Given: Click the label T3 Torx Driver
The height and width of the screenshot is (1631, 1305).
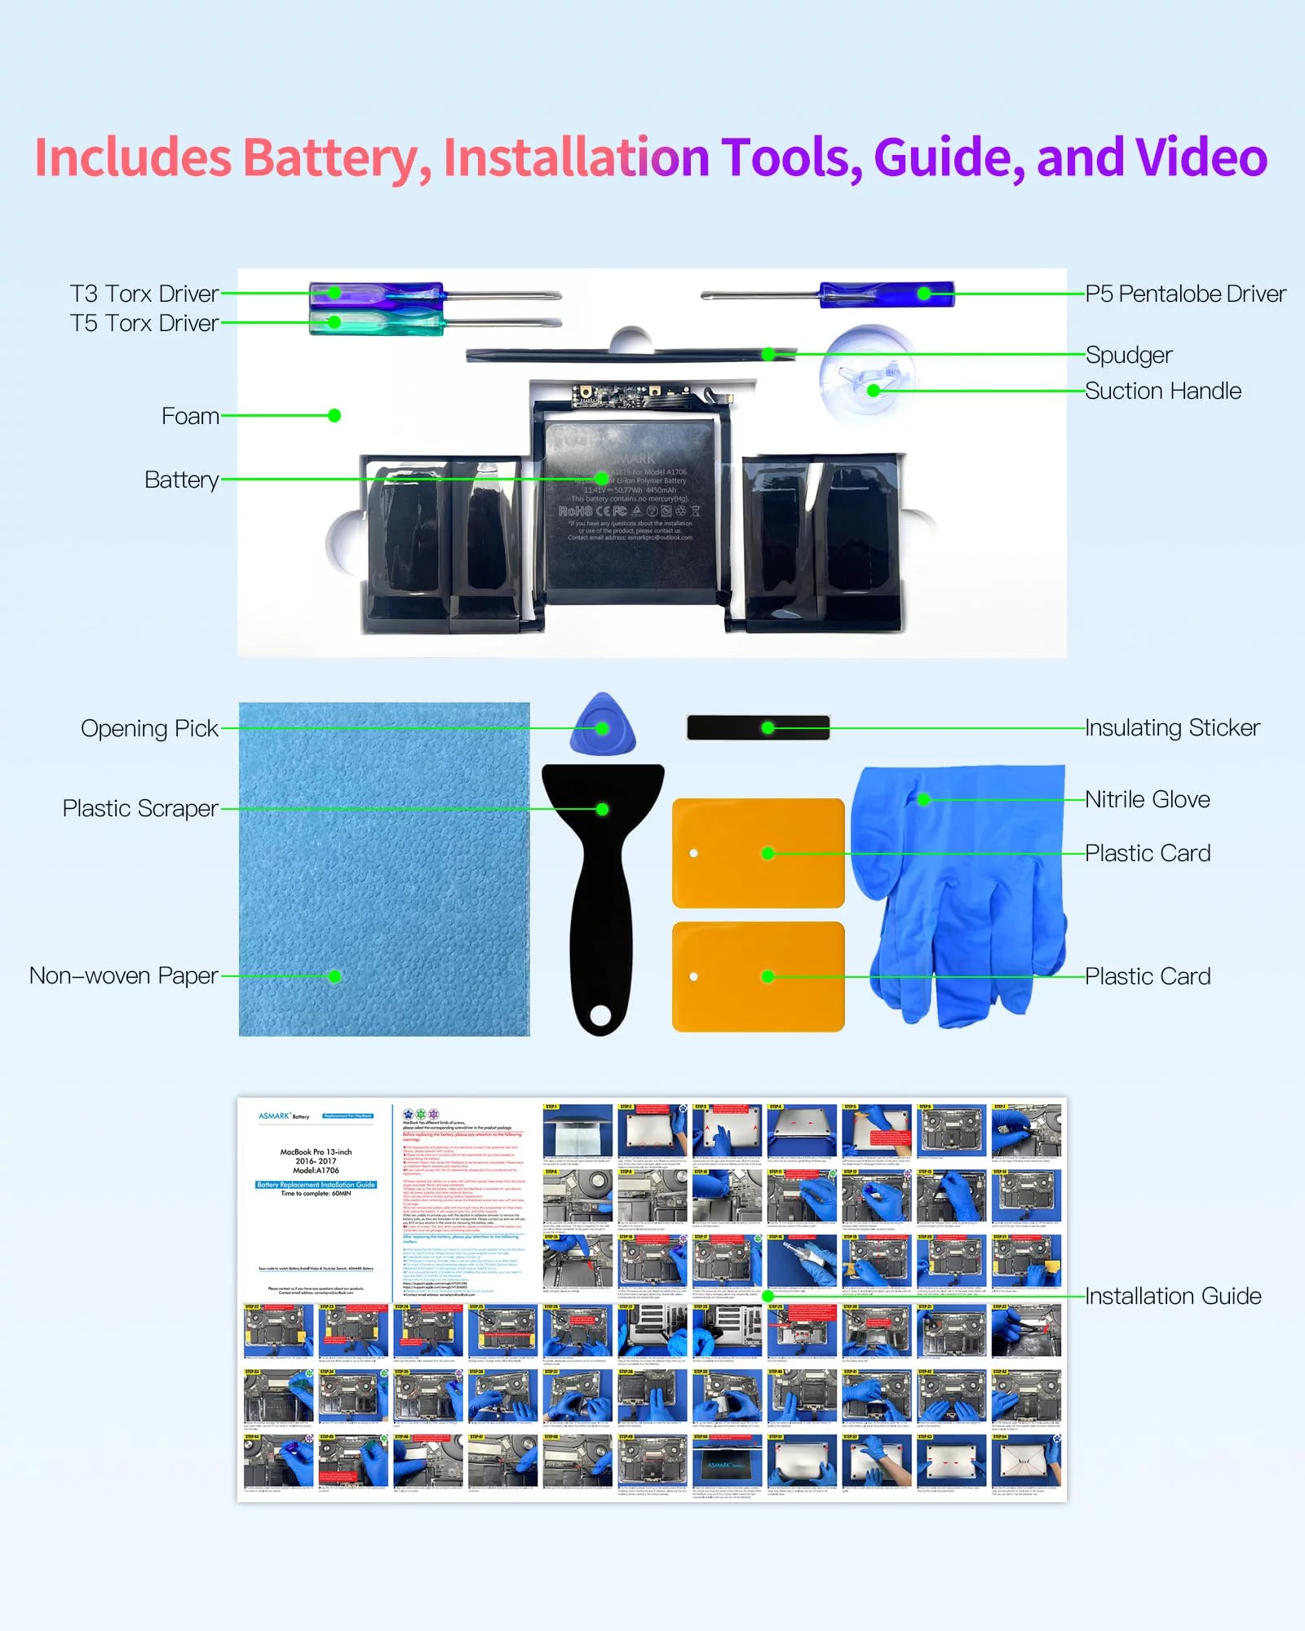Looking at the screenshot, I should [144, 294].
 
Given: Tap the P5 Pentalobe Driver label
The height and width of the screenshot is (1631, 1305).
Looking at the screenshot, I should [1185, 294].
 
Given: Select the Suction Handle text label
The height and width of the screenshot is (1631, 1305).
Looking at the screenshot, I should [1162, 391].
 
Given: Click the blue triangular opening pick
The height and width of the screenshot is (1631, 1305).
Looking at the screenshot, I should [603, 725].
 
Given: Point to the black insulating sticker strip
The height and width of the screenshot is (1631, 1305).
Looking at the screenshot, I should [758, 727].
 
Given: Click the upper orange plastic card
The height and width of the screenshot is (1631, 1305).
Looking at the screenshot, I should [758, 853].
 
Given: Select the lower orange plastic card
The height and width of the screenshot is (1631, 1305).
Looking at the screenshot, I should [758, 976].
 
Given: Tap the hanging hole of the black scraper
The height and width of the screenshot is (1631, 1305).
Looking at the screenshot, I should [600, 1015].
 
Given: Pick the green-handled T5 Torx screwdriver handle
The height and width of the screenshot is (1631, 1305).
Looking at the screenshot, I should [375, 322].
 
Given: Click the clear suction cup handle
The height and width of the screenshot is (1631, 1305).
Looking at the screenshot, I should [869, 375].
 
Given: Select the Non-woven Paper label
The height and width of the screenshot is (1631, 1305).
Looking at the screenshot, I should [124, 976].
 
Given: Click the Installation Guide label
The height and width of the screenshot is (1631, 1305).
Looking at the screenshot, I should [1173, 1296].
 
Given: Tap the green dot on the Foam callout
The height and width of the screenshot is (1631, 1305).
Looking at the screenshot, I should [334, 416].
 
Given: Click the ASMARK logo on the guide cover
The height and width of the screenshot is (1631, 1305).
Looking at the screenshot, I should [274, 1116].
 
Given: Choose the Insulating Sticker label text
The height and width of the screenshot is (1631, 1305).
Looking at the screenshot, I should [1172, 727].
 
